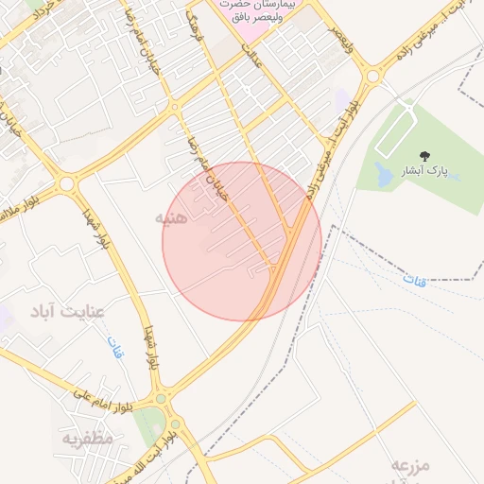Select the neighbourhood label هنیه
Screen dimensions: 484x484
(174, 217)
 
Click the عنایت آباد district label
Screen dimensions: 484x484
(66, 310)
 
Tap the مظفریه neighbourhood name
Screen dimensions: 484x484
(88, 438)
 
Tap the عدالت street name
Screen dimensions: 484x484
(251, 57)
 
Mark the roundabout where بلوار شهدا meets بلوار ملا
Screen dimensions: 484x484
(66, 182)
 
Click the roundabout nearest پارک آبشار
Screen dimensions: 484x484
(372, 75)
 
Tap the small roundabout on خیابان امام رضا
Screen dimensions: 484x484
(175, 107)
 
